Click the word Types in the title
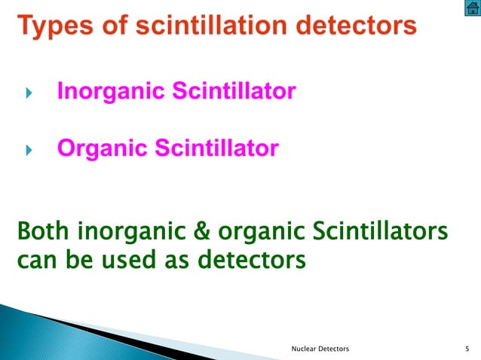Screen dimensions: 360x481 (x=54, y=27)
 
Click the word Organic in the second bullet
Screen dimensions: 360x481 (x=103, y=148)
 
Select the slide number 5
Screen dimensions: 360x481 (x=468, y=349)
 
